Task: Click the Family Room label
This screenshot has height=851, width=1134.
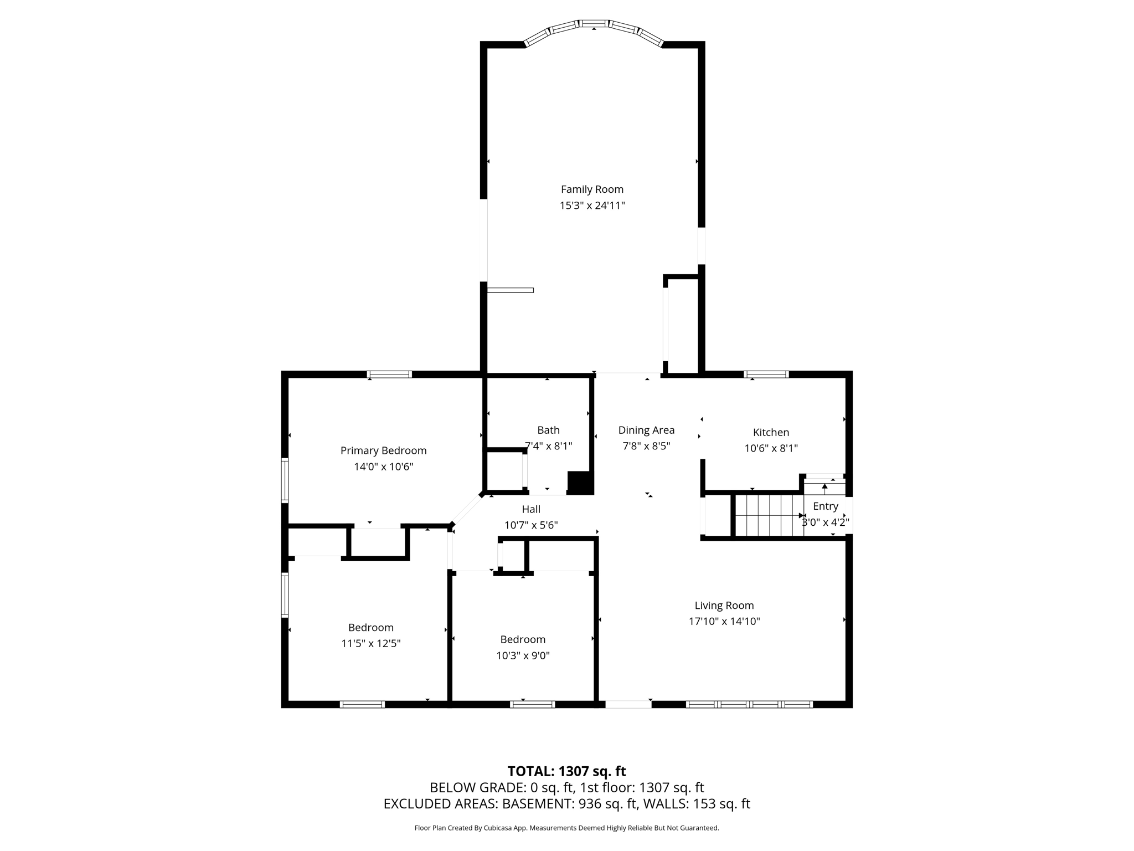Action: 592,189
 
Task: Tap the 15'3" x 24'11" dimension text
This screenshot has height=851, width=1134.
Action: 592,206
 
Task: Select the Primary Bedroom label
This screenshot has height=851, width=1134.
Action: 383,451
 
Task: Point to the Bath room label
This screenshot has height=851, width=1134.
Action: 548,430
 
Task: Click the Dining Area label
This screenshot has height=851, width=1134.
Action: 646,430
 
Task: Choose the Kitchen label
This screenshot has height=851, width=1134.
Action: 771,432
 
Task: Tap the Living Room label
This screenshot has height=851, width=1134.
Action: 724,606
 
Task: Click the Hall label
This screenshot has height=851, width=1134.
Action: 531,509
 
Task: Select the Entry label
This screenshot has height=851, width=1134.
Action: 825,506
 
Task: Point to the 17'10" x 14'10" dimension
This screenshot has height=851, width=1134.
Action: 724,622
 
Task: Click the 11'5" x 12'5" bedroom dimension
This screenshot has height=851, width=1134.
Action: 371,644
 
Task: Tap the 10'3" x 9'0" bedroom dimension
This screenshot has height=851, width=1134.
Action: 523,656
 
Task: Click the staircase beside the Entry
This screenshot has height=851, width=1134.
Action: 769,516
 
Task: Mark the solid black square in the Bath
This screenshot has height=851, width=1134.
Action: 580,483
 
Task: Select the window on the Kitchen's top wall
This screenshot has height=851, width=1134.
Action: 766,375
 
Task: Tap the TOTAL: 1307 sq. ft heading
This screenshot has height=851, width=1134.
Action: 566,771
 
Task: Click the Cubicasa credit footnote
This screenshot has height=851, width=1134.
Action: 566,828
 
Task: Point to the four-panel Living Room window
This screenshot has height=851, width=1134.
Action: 749,705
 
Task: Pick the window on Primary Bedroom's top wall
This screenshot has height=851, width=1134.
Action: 390,375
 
